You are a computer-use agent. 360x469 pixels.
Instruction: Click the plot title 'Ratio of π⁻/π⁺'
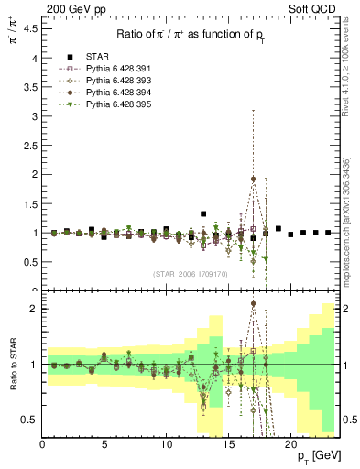[x=191, y=34]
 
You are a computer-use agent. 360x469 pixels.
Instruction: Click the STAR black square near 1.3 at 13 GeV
[x=203, y=214]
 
